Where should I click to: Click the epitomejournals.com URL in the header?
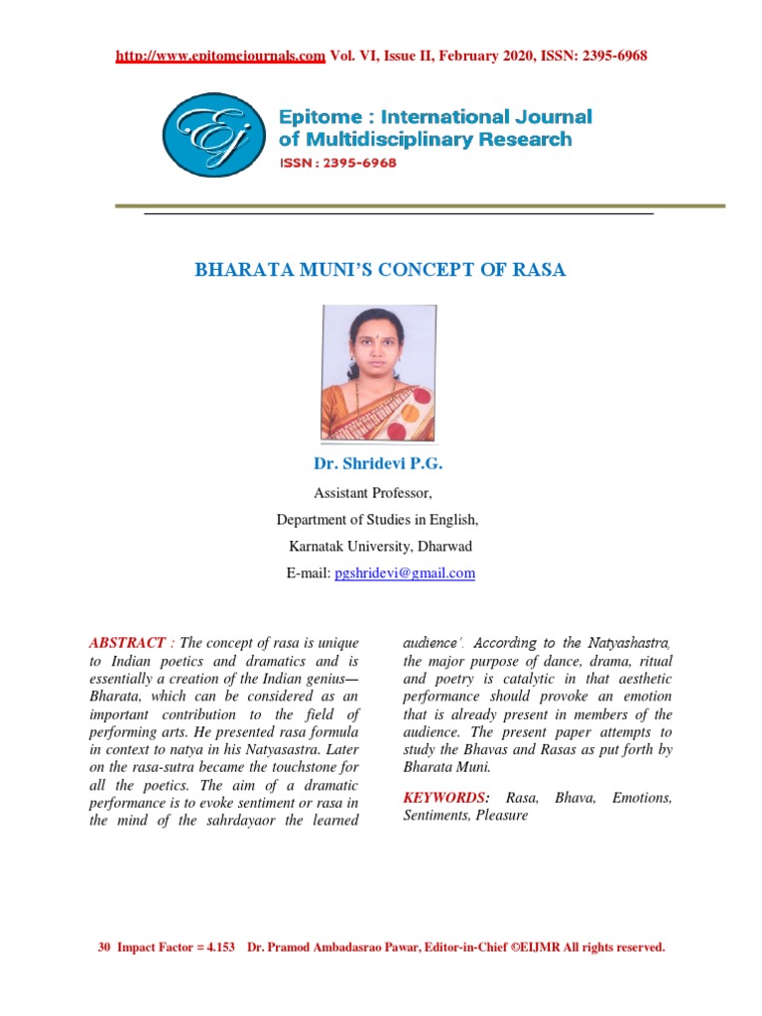pos(220,56)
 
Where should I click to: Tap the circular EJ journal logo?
pos(214,135)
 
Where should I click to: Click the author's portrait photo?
pos(378,374)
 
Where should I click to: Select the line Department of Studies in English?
pos(378,520)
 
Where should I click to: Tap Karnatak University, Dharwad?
pos(380,547)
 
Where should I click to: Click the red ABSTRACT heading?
pos(126,644)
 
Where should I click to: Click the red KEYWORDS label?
pos(445,798)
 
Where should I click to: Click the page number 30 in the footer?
pos(103,948)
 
